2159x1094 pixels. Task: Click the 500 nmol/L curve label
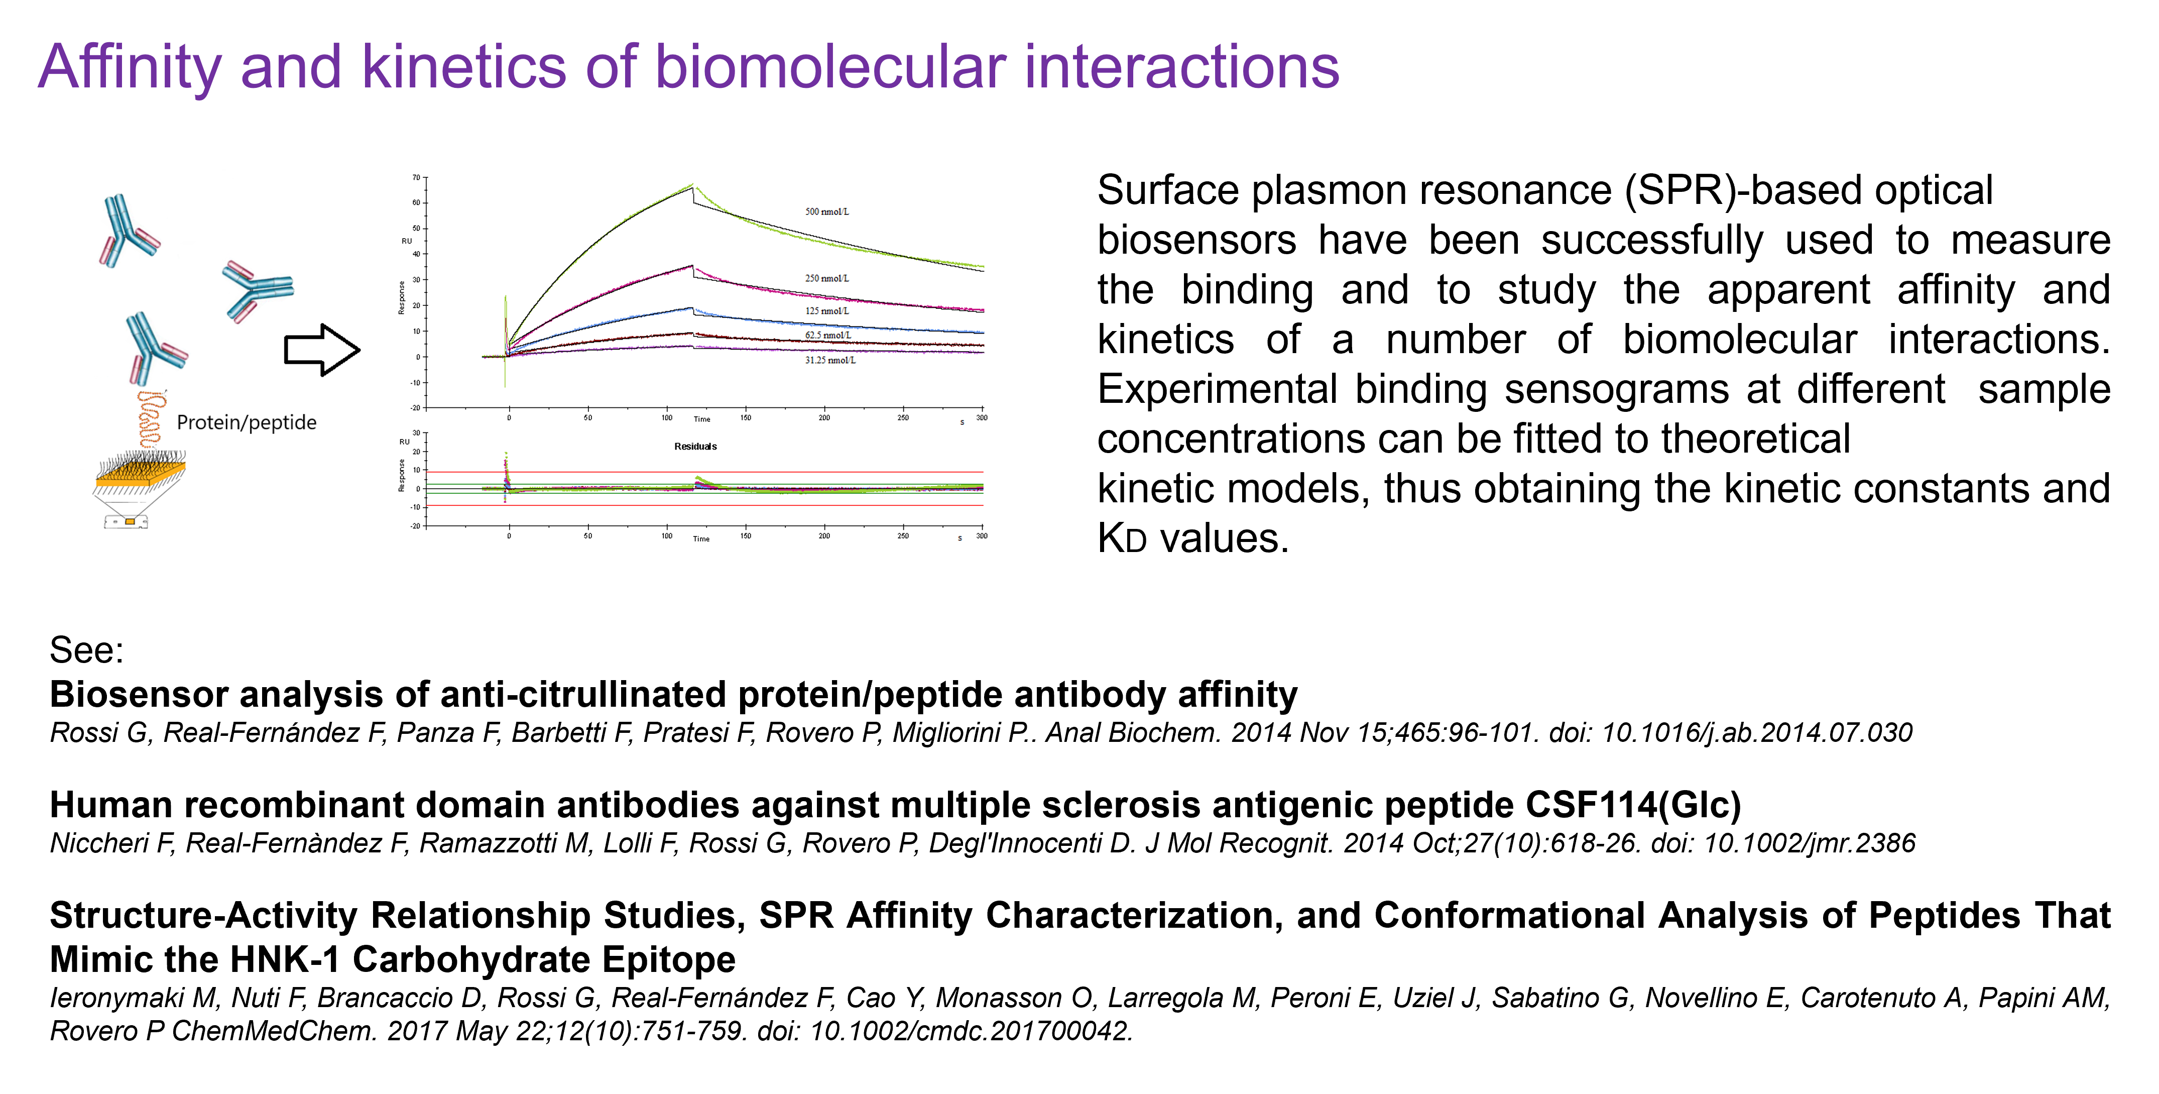[x=826, y=211]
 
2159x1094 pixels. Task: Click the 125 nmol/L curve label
[x=826, y=310]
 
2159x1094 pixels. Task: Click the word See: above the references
[x=86, y=649]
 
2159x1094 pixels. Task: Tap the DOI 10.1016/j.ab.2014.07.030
[x=1757, y=733]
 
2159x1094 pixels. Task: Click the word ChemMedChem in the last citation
[x=273, y=1030]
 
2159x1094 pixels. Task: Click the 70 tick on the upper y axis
[x=416, y=178]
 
